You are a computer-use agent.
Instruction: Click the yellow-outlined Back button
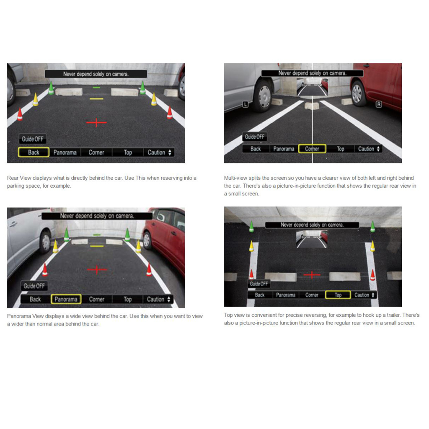click(34, 152)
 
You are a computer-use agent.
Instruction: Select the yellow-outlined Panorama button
click(66, 299)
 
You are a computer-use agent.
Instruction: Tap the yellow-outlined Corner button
click(312, 149)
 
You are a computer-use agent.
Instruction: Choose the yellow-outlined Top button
click(338, 295)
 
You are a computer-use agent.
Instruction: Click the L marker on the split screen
click(245, 104)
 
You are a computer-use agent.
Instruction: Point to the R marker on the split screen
click(379, 104)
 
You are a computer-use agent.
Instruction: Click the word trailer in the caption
click(390, 315)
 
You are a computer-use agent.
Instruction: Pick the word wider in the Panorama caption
click(15, 324)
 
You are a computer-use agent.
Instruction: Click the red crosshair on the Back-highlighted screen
click(96, 122)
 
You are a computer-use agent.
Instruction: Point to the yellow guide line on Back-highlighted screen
click(96, 99)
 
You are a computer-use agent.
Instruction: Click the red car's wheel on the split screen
click(359, 93)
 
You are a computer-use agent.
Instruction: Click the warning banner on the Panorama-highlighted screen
click(97, 216)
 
